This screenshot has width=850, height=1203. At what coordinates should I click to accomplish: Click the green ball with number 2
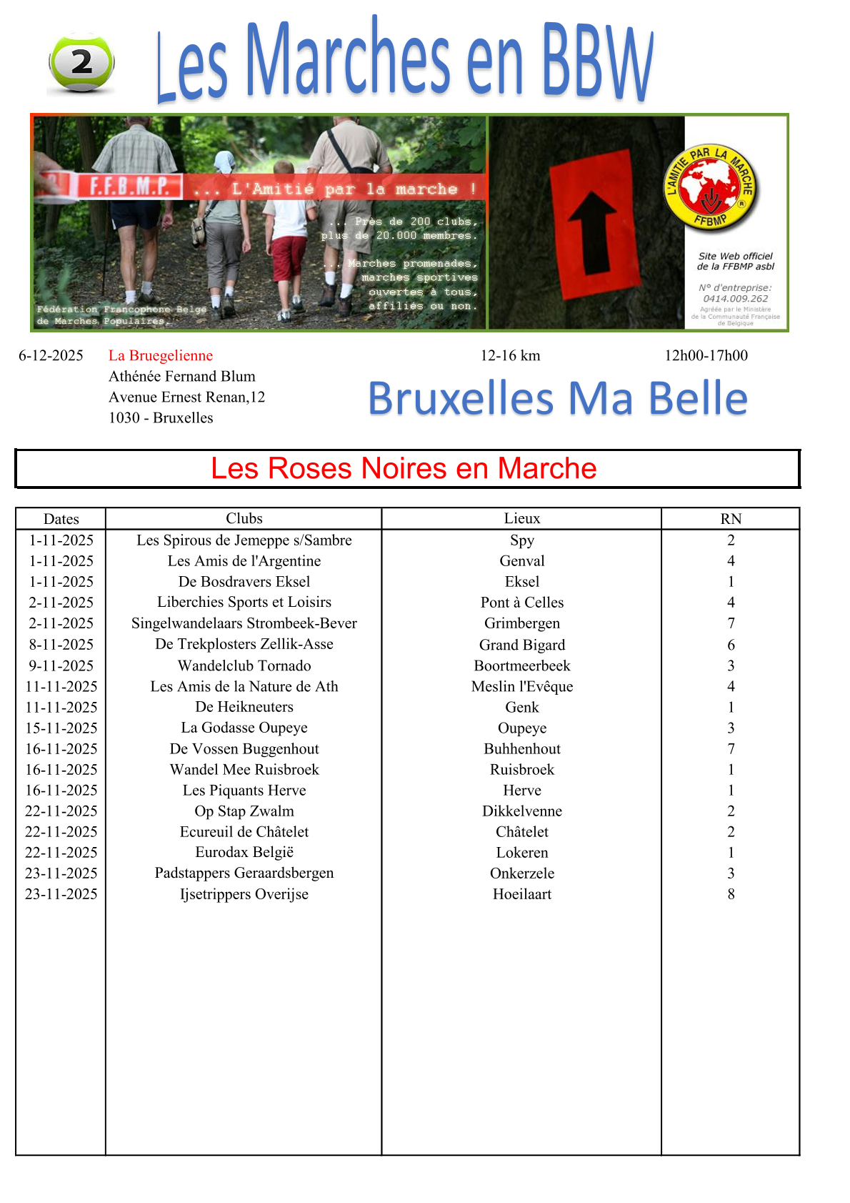coord(81,62)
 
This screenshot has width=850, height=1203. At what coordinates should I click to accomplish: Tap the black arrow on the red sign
coord(592,232)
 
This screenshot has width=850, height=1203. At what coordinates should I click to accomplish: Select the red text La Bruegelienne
coord(161,355)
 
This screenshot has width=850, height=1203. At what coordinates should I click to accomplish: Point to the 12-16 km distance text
coord(510,355)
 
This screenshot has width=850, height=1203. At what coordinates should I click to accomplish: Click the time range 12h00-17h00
coord(706,355)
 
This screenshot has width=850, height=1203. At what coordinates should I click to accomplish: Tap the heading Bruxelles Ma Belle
coord(558,398)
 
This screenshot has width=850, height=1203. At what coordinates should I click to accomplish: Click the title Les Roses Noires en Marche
coord(404,468)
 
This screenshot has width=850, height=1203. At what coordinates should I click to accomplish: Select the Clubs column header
coord(244,518)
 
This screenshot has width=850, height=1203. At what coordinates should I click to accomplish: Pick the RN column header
coord(731,518)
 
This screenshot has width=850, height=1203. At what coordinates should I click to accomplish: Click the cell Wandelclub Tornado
coord(244,665)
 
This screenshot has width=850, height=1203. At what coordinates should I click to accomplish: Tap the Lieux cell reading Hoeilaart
coord(521,893)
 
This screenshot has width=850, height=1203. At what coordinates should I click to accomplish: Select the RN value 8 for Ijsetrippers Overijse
coord(731,893)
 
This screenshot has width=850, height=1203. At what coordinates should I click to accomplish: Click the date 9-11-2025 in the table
coord(61,665)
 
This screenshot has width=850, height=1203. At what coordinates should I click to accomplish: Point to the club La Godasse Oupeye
coord(244,728)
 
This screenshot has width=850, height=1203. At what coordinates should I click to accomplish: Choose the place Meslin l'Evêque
coord(521,686)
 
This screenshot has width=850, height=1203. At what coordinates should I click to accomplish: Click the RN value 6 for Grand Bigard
coord(731,645)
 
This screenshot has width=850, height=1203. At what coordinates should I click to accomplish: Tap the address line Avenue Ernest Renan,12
coord(186,397)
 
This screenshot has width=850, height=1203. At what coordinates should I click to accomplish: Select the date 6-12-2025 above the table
coord(51,355)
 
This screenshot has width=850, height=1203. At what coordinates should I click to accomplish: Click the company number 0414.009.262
coord(735,299)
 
